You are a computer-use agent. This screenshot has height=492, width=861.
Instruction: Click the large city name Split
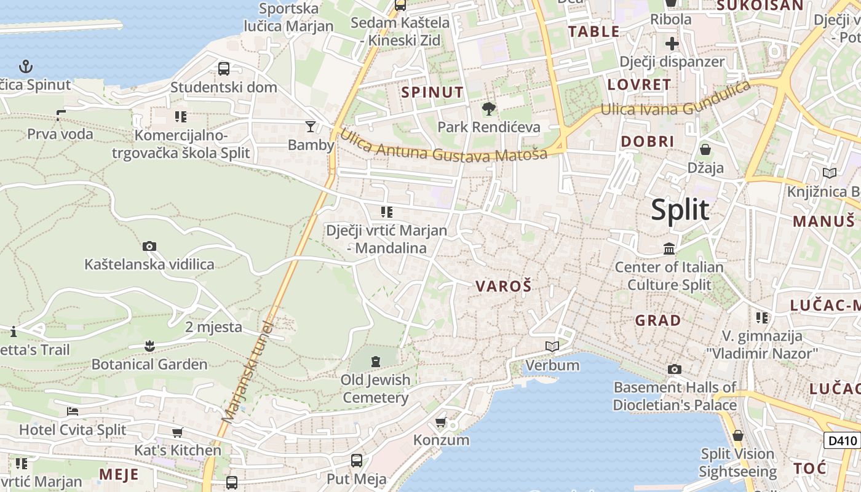click(680, 210)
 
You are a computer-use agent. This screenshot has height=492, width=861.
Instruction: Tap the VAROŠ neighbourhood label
click(503, 286)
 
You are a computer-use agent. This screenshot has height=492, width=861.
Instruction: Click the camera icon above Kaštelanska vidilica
click(149, 247)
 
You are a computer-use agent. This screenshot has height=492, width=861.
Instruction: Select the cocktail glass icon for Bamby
click(311, 127)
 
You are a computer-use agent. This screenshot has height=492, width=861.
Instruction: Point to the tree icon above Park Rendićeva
click(488, 109)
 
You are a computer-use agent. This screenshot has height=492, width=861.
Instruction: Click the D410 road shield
click(841, 440)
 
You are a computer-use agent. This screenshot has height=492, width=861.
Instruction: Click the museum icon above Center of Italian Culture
click(669, 249)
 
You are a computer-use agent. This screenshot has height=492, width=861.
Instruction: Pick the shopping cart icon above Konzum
click(440, 423)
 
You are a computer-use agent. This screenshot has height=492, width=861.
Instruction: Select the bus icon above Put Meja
click(356, 460)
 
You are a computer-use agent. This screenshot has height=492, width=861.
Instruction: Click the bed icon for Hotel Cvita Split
click(73, 411)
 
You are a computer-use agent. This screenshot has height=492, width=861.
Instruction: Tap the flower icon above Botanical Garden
click(149, 346)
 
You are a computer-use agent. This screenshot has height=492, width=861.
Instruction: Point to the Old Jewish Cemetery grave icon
click(376, 361)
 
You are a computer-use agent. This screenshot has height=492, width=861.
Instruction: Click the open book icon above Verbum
click(552, 347)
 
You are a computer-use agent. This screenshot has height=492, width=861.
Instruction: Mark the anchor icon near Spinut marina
click(26, 66)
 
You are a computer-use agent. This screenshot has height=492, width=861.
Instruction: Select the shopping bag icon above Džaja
click(705, 149)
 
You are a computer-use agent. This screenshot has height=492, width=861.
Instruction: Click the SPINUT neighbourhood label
click(432, 92)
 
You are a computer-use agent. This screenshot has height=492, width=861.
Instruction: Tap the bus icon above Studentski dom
click(224, 68)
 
